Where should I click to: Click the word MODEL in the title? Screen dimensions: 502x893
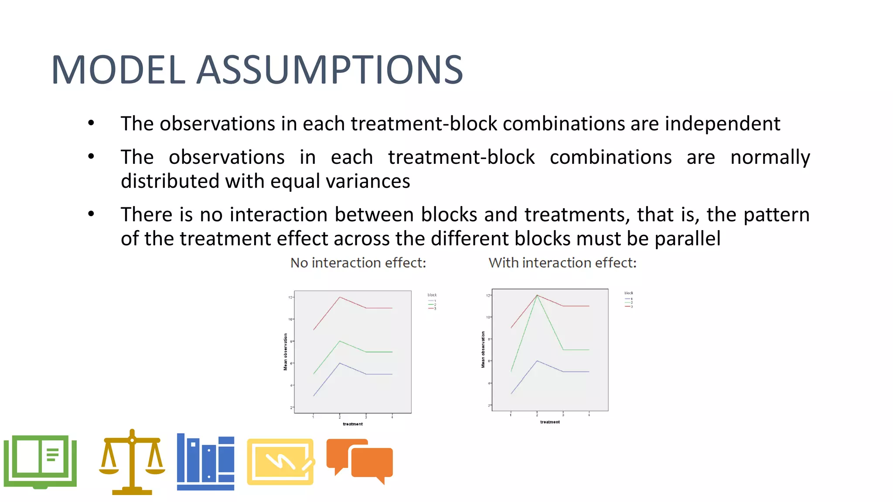118,70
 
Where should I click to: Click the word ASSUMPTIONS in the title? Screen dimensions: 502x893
330,70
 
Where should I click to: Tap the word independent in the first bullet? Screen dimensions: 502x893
722,124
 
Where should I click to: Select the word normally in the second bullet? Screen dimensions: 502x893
770,157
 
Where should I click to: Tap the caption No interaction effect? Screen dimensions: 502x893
358,263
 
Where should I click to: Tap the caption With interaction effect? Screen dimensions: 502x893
562,263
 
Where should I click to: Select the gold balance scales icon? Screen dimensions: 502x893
132,463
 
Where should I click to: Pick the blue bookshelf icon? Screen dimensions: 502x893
205,462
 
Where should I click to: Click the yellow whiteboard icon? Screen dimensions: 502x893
280,462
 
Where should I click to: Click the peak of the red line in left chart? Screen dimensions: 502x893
340,297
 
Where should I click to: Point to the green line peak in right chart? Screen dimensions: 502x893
537,296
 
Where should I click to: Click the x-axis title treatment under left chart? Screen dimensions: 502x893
352,424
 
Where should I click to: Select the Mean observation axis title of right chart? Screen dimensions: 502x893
483,349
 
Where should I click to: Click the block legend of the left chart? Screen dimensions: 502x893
432,302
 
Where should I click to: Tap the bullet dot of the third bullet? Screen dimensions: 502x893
91,214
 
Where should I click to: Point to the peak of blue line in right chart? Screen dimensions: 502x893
537,361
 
